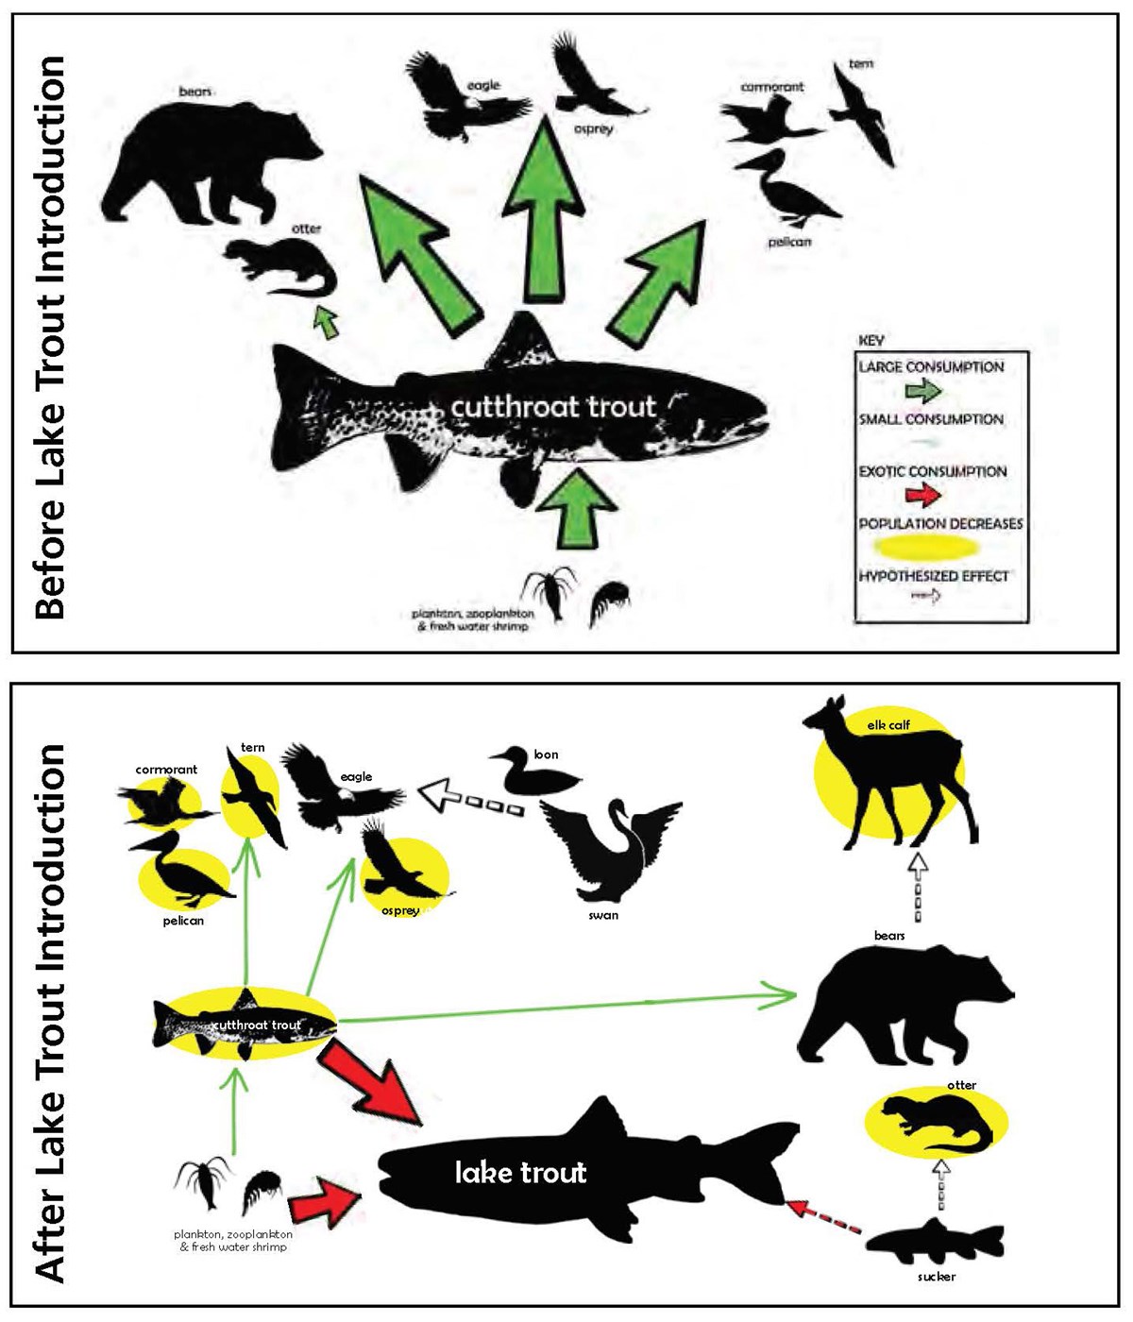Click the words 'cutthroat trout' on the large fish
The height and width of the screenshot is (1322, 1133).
(x=552, y=407)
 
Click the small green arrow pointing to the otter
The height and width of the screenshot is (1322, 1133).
(x=326, y=321)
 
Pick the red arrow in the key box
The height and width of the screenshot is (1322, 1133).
(x=923, y=495)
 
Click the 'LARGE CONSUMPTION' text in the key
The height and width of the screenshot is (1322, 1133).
(x=931, y=366)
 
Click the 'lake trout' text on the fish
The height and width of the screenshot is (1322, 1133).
(x=520, y=1173)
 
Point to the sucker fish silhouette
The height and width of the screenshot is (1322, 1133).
(x=935, y=1242)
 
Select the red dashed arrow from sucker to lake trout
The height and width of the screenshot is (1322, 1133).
(x=824, y=1218)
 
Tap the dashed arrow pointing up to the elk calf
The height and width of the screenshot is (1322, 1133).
(x=918, y=888)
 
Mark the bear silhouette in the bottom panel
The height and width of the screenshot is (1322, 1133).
(x=902, y=1010)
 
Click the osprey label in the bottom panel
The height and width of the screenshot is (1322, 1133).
(x=400, y=911)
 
